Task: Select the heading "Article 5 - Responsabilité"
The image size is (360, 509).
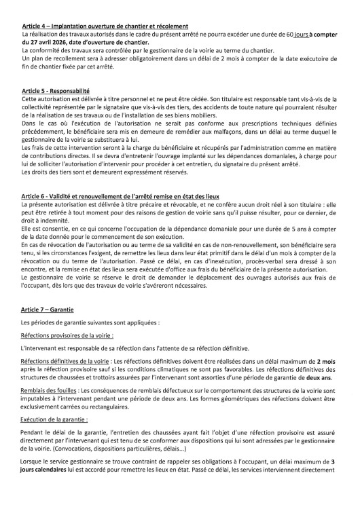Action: (x=56, y=90)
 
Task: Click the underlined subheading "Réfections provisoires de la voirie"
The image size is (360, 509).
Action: (x=67, y=335)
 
